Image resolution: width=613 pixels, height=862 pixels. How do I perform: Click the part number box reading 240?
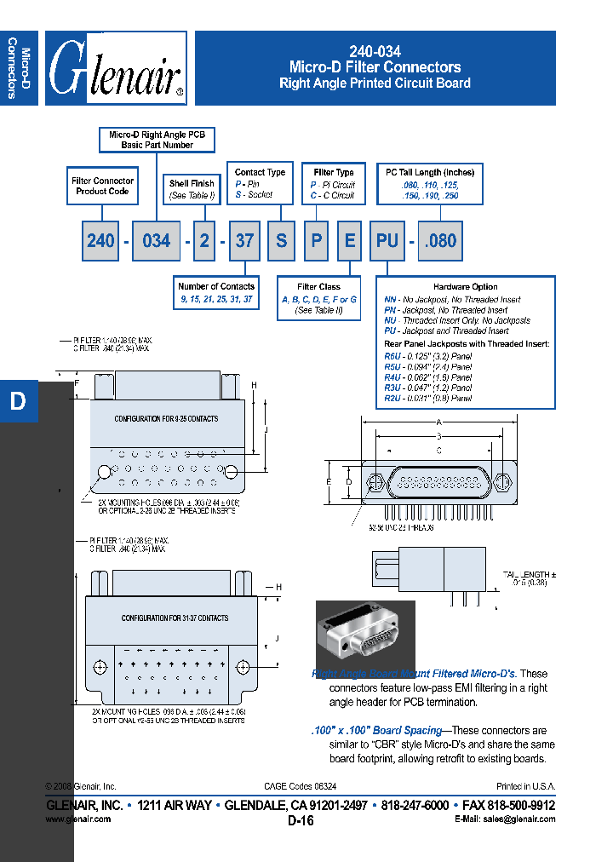[x=100, y=241]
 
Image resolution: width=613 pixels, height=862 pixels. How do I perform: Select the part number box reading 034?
[x=156, y=241]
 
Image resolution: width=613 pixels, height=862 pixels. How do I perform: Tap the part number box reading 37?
[x=244, y=241]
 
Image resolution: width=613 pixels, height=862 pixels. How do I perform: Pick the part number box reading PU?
[x=387, y=241]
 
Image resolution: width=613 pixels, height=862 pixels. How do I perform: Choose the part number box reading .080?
[x=441, y=241]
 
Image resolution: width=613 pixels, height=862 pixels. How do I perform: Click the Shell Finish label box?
[x=192, y=189]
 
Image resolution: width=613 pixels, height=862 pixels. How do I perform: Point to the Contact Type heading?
[x=260, y=172]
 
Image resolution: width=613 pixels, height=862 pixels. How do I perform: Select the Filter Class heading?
[x=318, y=287]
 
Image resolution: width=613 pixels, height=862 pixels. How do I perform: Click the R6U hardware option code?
[x=392, y=356]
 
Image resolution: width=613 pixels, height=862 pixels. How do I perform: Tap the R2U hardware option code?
[x=392, y=398]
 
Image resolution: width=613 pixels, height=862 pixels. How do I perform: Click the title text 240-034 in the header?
[x=375, y=51]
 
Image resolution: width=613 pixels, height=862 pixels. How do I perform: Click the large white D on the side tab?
[x=18, y=401]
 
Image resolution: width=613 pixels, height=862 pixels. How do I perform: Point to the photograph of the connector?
[x=365, y=640]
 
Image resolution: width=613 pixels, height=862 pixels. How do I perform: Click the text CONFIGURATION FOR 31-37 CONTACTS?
[x=175, y=618]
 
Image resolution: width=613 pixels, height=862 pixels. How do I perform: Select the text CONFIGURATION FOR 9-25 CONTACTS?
[x=166, y=419]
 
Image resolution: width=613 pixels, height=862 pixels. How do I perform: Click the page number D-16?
[x=301, y=821]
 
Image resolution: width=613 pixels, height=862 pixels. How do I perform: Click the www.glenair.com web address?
[x=77, y=819]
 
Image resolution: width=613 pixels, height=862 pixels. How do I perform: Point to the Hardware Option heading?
[x=465, y=287]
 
